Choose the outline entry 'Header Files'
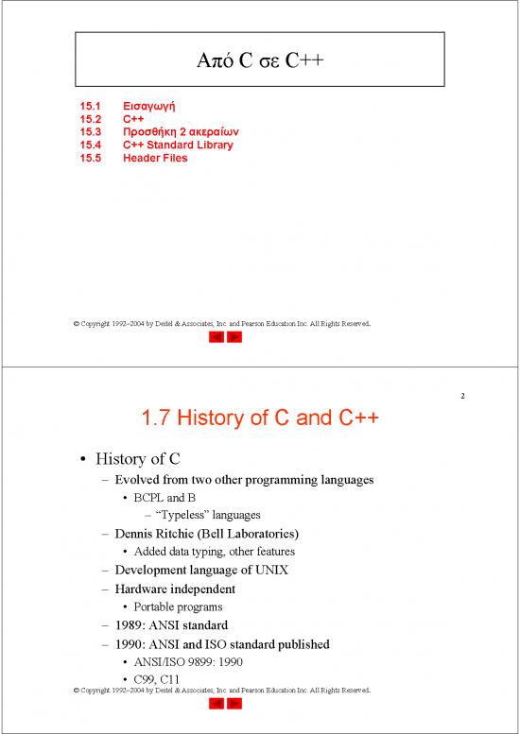point(155,158)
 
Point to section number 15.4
point(90,145)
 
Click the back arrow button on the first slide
point(214,337)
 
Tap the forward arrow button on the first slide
point(234,337)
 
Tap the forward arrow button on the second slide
point(234,704)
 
